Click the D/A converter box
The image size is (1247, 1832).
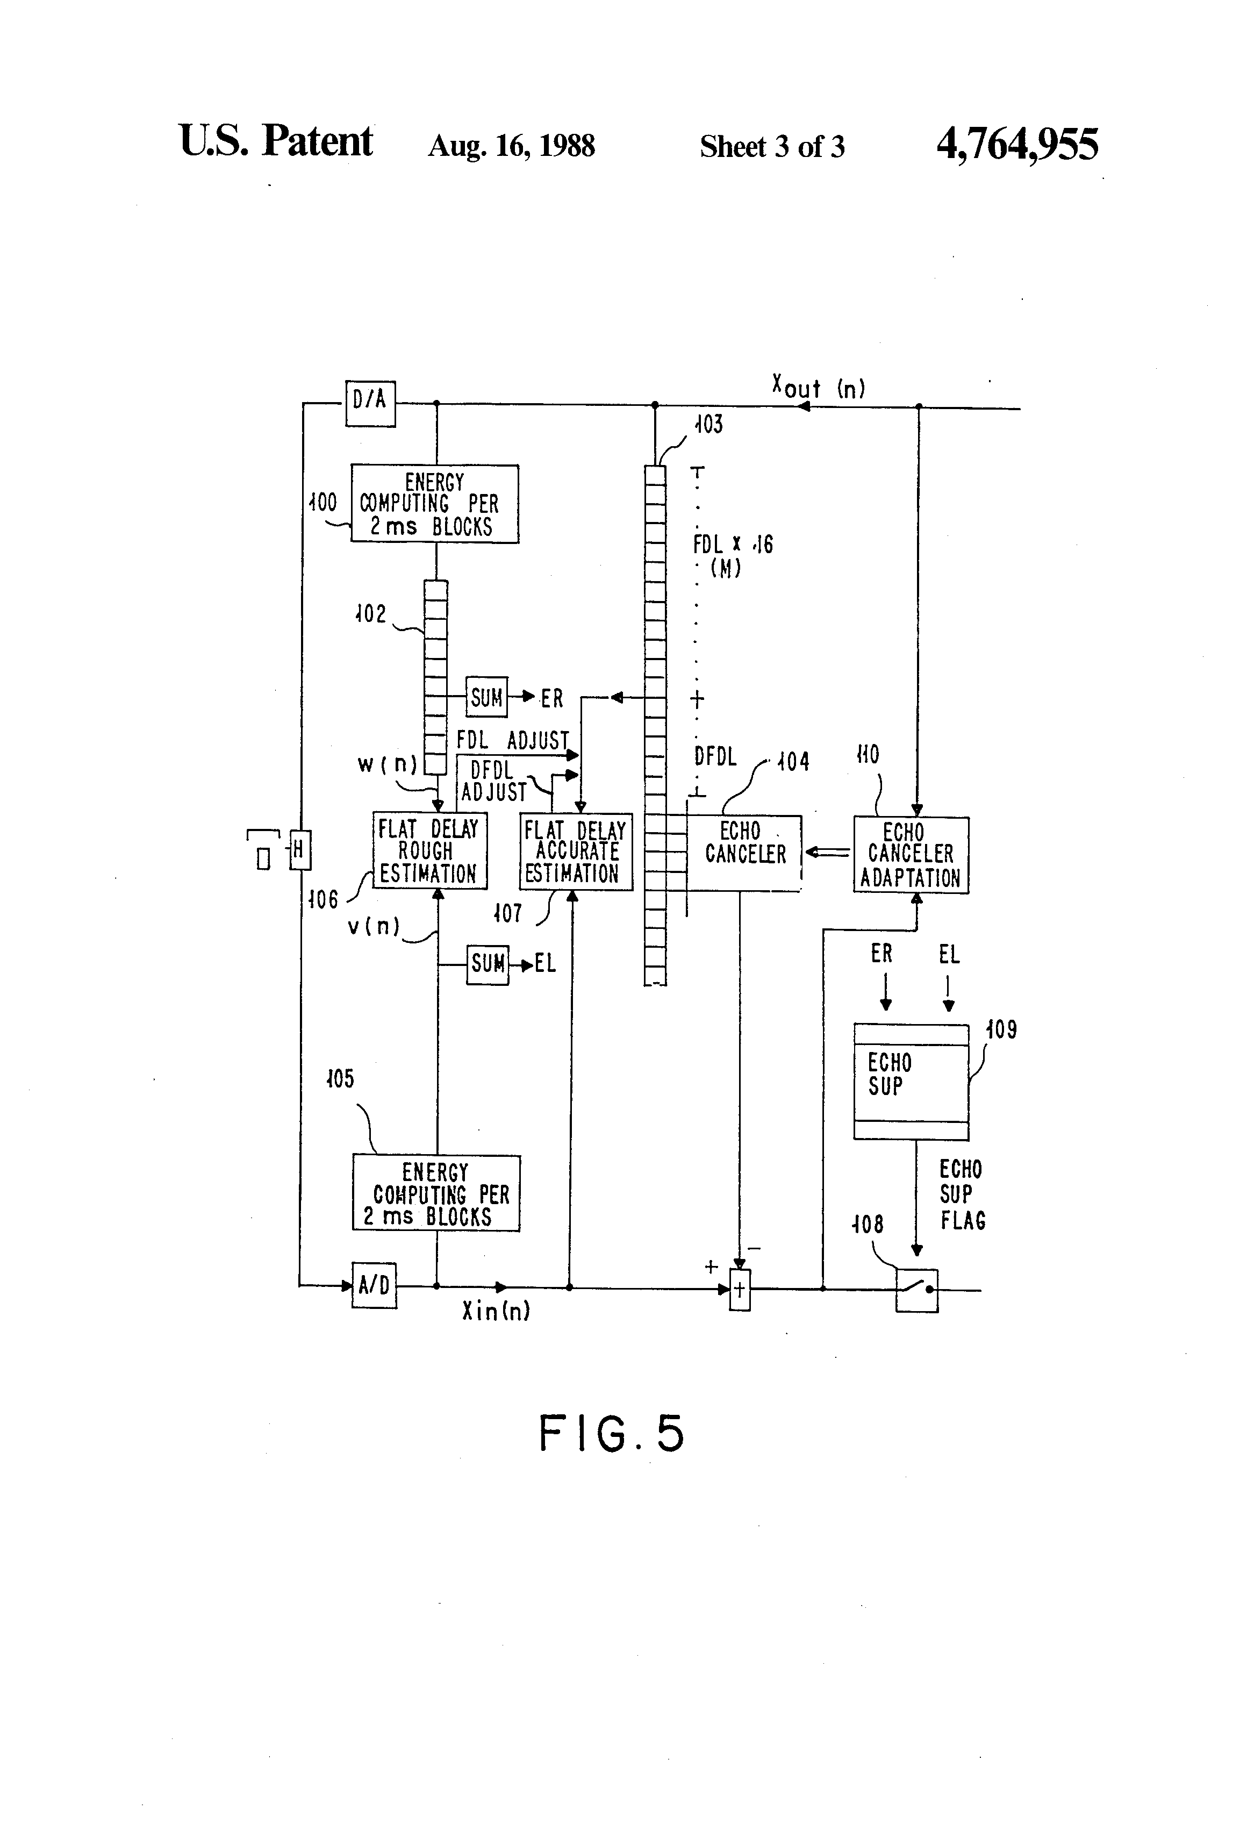[370, 403]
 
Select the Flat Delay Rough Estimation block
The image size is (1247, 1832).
[429, 850]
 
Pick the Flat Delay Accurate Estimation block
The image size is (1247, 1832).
[576, 851]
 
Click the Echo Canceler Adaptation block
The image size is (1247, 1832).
[911, 855]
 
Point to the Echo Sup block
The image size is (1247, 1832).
[911, 1080]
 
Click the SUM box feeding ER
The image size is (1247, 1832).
[486, 697]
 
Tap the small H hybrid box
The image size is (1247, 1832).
[299, 850]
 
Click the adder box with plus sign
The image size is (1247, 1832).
[740, 1290]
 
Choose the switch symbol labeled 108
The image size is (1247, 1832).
[917, 1290]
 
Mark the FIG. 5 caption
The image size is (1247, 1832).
[611, 1433]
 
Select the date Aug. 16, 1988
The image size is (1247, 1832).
[511, 146]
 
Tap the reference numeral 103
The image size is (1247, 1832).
[708, 425]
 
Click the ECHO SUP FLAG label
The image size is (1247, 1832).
[962, 1194]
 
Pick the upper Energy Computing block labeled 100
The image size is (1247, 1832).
[434, 504]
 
